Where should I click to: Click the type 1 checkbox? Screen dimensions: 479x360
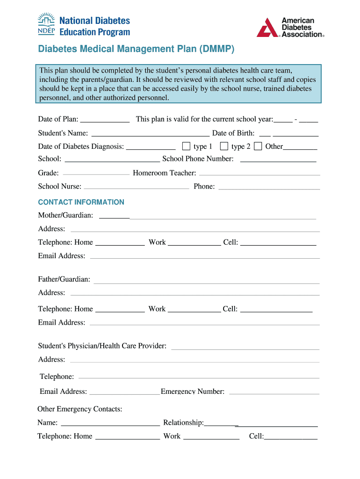pos(186,146)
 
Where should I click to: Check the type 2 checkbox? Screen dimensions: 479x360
pos(224,146)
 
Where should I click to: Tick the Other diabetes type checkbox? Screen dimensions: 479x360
pos(258,146)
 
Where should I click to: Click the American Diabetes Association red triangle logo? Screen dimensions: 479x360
pos(267,28)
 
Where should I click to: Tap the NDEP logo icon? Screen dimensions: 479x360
pos(46,24)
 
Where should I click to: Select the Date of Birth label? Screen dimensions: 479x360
pos(233,133)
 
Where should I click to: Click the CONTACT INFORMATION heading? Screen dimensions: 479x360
pos(81,202)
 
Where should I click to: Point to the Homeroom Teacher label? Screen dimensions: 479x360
pos(165,173)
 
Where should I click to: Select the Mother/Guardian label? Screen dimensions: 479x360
pos(65,215)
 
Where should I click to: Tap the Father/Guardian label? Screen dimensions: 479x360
pos(64,279)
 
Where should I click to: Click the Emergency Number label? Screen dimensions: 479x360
pos(193,392)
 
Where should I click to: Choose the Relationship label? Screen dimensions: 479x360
pos(183,423)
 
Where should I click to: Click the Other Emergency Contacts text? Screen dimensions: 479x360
pos(80,409)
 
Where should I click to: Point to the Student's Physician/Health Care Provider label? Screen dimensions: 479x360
pos(102,346)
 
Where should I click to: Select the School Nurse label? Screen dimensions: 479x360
pos(59,187)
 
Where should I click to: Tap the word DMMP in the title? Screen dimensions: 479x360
pos(217,49)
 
